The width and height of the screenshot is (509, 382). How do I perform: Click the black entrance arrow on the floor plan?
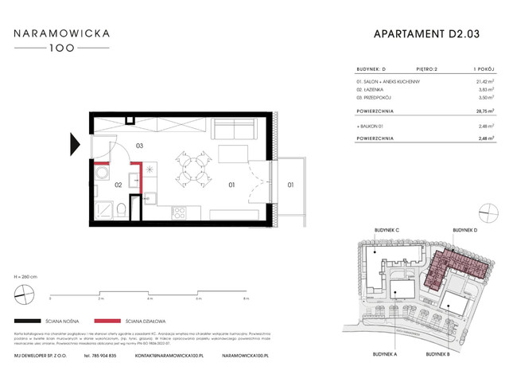point(75,144)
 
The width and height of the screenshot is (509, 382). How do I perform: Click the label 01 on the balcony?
point(290,185)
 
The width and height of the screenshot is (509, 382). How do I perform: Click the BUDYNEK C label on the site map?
point(385,230)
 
